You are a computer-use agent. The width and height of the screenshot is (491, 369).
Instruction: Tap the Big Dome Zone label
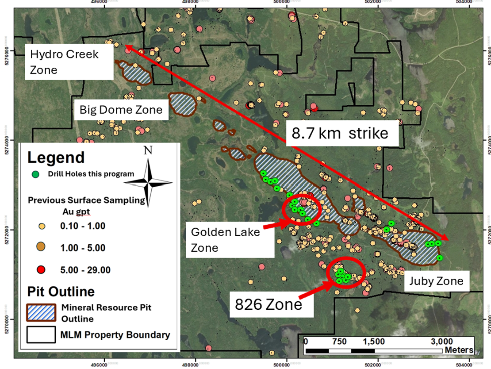[121, 110]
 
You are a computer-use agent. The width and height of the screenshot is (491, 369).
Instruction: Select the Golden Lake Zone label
[225, 239]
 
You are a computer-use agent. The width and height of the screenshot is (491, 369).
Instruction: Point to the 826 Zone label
[269, 304]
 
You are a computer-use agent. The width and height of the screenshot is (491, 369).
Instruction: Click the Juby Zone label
[436, 281]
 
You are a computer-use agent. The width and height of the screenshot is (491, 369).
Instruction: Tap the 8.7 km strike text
[339, 134]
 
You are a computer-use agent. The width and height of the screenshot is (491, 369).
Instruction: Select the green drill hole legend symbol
[36, 174]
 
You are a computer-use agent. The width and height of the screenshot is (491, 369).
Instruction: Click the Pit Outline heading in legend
[61, 292]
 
